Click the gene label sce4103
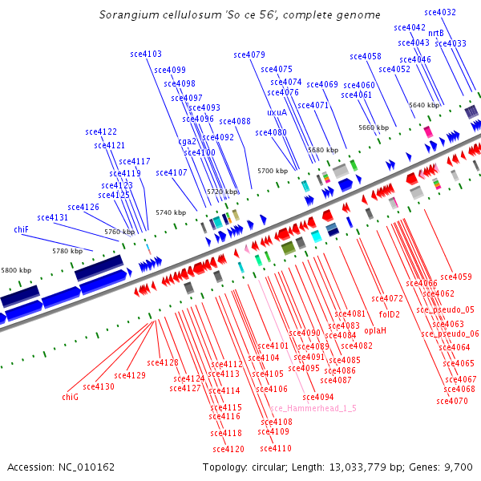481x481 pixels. click(146, 55)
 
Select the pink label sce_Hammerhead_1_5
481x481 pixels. click(318, 408)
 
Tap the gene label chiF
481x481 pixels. click(22, 229)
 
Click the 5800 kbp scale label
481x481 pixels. click(16, 270)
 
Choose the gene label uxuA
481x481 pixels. click(277, 112)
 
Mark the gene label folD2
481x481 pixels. click(389, 313)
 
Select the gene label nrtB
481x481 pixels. click(435, 33)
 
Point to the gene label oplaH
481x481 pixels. click(375, 329)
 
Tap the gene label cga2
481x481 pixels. click(187, 141)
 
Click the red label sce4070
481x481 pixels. click(452, 401)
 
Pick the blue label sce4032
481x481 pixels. click(440, 12)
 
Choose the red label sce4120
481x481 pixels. click(228, 449)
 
